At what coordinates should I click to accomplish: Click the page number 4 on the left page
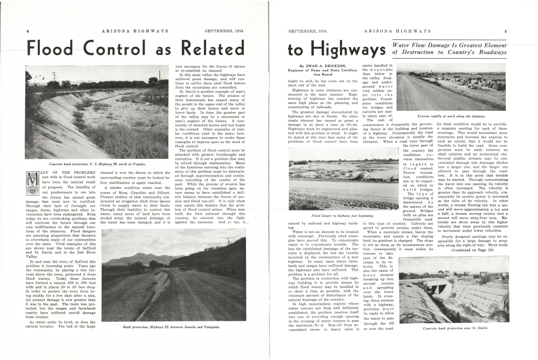(27, 31)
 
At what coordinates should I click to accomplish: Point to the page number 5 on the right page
(505, 31)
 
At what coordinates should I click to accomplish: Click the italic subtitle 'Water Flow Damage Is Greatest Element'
(450, 46)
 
